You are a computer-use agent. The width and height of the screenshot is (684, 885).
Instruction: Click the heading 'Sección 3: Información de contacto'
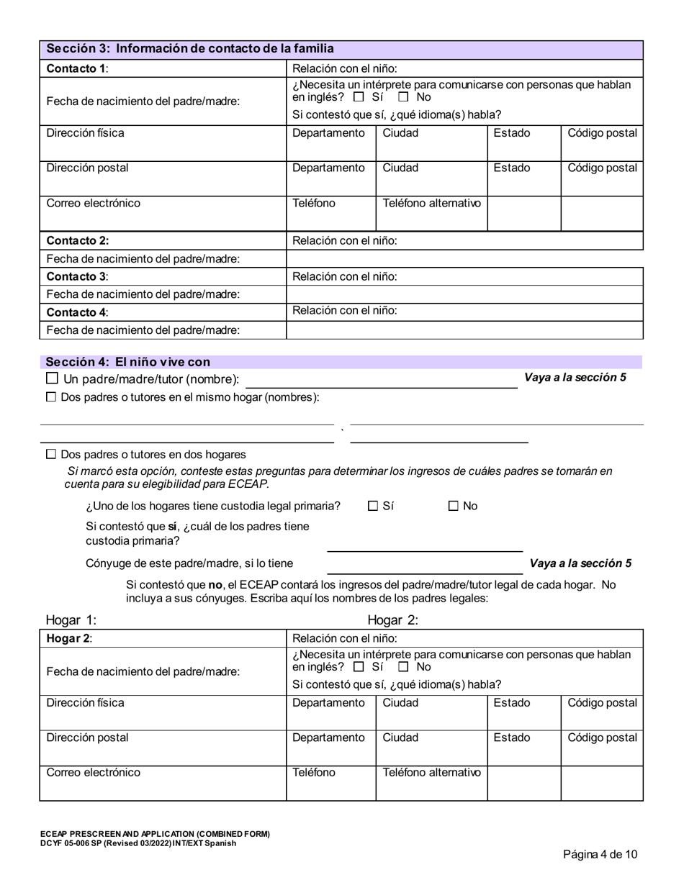pyautogui.click(x=190, y=49)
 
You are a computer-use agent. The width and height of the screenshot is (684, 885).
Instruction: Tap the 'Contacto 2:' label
pyautogui.click(x=78, y=241)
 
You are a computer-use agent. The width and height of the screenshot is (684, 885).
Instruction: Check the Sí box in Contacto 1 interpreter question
pyautogui.click(x=359, y=97)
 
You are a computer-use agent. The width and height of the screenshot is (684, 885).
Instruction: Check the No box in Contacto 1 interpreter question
pyautogui.click(x=404, y=97)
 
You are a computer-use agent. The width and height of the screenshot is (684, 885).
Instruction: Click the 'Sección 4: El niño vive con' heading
pyautogui.click(x=128, y=362)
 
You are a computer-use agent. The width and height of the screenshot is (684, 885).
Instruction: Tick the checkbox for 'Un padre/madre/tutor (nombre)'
pyautogui.click(x=52, y=378)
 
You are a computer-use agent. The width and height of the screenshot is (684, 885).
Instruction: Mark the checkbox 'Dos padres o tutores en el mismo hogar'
pyautogui.click(x=51, y=397)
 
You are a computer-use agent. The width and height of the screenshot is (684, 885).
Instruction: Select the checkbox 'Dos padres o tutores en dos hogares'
pyautogui.click(x=51, y=455)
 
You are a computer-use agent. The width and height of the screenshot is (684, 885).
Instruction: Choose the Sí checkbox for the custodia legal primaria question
pyautogui.click(x=373, y=506)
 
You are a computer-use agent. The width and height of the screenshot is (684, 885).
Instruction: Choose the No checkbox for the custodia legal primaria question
pyautogui.click(x=454, y=506)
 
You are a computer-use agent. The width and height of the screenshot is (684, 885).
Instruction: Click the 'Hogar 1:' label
pyautogui.click(x=71, y=620)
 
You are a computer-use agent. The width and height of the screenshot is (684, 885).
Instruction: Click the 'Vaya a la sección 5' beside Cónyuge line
pyautogui.click(x=580, y=563)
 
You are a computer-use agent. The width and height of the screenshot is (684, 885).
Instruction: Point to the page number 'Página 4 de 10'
pyautogui.click(x=600, y=855)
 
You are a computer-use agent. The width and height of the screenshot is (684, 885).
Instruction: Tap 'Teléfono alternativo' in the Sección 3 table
pyautogui.click(x=431, y=203)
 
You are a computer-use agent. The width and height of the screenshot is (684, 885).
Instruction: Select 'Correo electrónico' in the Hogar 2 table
pyautogui.click(x=94, y=773)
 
